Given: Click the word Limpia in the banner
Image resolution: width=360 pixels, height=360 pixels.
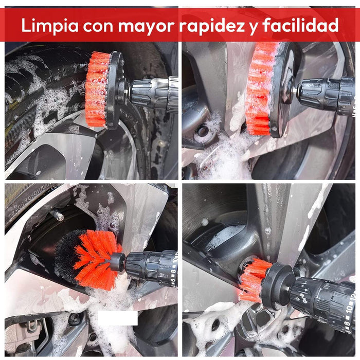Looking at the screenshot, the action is point(50,25).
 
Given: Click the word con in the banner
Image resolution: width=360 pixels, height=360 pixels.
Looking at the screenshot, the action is point(98,26).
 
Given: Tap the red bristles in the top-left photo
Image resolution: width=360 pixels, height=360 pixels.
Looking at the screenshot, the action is point(97,89).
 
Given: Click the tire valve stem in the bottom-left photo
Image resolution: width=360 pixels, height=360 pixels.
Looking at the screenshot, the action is point(58,215).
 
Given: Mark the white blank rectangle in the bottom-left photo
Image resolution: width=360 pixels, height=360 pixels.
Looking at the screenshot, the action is point(118,318).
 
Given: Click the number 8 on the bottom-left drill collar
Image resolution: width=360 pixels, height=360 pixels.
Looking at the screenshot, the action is point(173,272).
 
